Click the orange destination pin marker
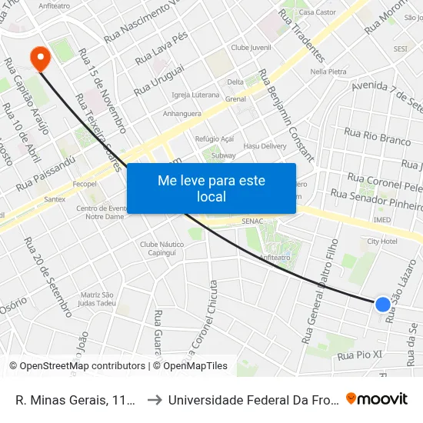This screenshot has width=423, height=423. [38, 55]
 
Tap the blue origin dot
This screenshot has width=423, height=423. [382, 304]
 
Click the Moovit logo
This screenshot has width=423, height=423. [376, 398]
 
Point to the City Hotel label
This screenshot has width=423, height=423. [381, 241]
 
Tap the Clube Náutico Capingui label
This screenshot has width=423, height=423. [158, 248]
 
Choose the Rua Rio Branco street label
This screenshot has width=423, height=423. [378, 137]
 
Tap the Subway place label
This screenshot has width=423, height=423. [223, 155]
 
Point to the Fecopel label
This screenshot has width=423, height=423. [84, 185]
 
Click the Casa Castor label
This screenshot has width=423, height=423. [317, 12]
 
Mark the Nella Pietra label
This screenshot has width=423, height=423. [328, 71]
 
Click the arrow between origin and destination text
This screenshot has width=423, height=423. [154, 399]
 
